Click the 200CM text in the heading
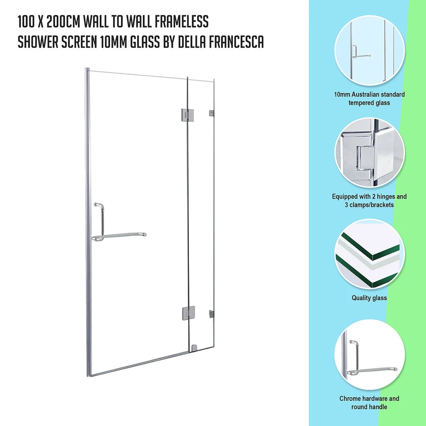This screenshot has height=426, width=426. pyautogui.click(x=63, y=22)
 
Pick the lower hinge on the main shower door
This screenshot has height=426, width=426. pyautogui.click(x=189, y=313)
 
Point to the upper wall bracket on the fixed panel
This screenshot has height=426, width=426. pyautogui.click(x=212, y=113)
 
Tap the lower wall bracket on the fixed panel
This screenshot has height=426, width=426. pyautogui.click(x=211, y=314)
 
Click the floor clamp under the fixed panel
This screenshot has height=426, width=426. pyautogui.click(x=194, y=348)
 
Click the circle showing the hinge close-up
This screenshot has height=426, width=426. pyautogui.click(x=370, y=153)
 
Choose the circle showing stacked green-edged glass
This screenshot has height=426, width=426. pyautogui.click(x=370, y=254)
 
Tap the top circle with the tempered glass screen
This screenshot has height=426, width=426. pyautogui.click(x=370, y=51)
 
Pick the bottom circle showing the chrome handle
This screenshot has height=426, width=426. pyautogui.click(x=370, y=355)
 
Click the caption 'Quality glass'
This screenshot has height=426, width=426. pyautogui.click(x=369, y=298)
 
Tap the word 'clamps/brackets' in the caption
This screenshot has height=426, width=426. pyautogui.click(x=372, y=205)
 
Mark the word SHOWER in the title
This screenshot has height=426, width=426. pyautogui.click(x=38, y=42)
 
